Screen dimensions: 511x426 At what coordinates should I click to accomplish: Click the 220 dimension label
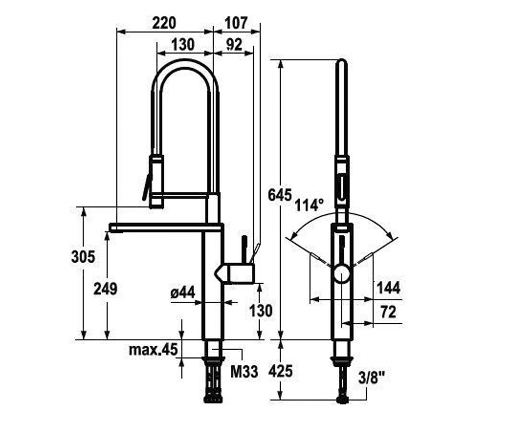pyautogui.click(x=164, y=23)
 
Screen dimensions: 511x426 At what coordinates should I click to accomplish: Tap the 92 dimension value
pyautogui.click(x=234, y=45)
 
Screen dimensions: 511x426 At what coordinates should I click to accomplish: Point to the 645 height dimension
pyautogui.click(x=280, y=195)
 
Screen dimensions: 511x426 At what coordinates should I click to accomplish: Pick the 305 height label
pyautogui.click(x=83, y=257)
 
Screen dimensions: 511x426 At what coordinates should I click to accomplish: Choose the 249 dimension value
pyautogui.click(x=106, y=289)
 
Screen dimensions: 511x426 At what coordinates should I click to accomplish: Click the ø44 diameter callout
pyautogui.click(x=183, y=292)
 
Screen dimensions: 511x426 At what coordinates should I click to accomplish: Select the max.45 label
pyautogui.click(x=153, y=350)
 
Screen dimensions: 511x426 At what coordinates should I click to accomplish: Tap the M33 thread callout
pyautogui.click(x=244, y=371)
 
